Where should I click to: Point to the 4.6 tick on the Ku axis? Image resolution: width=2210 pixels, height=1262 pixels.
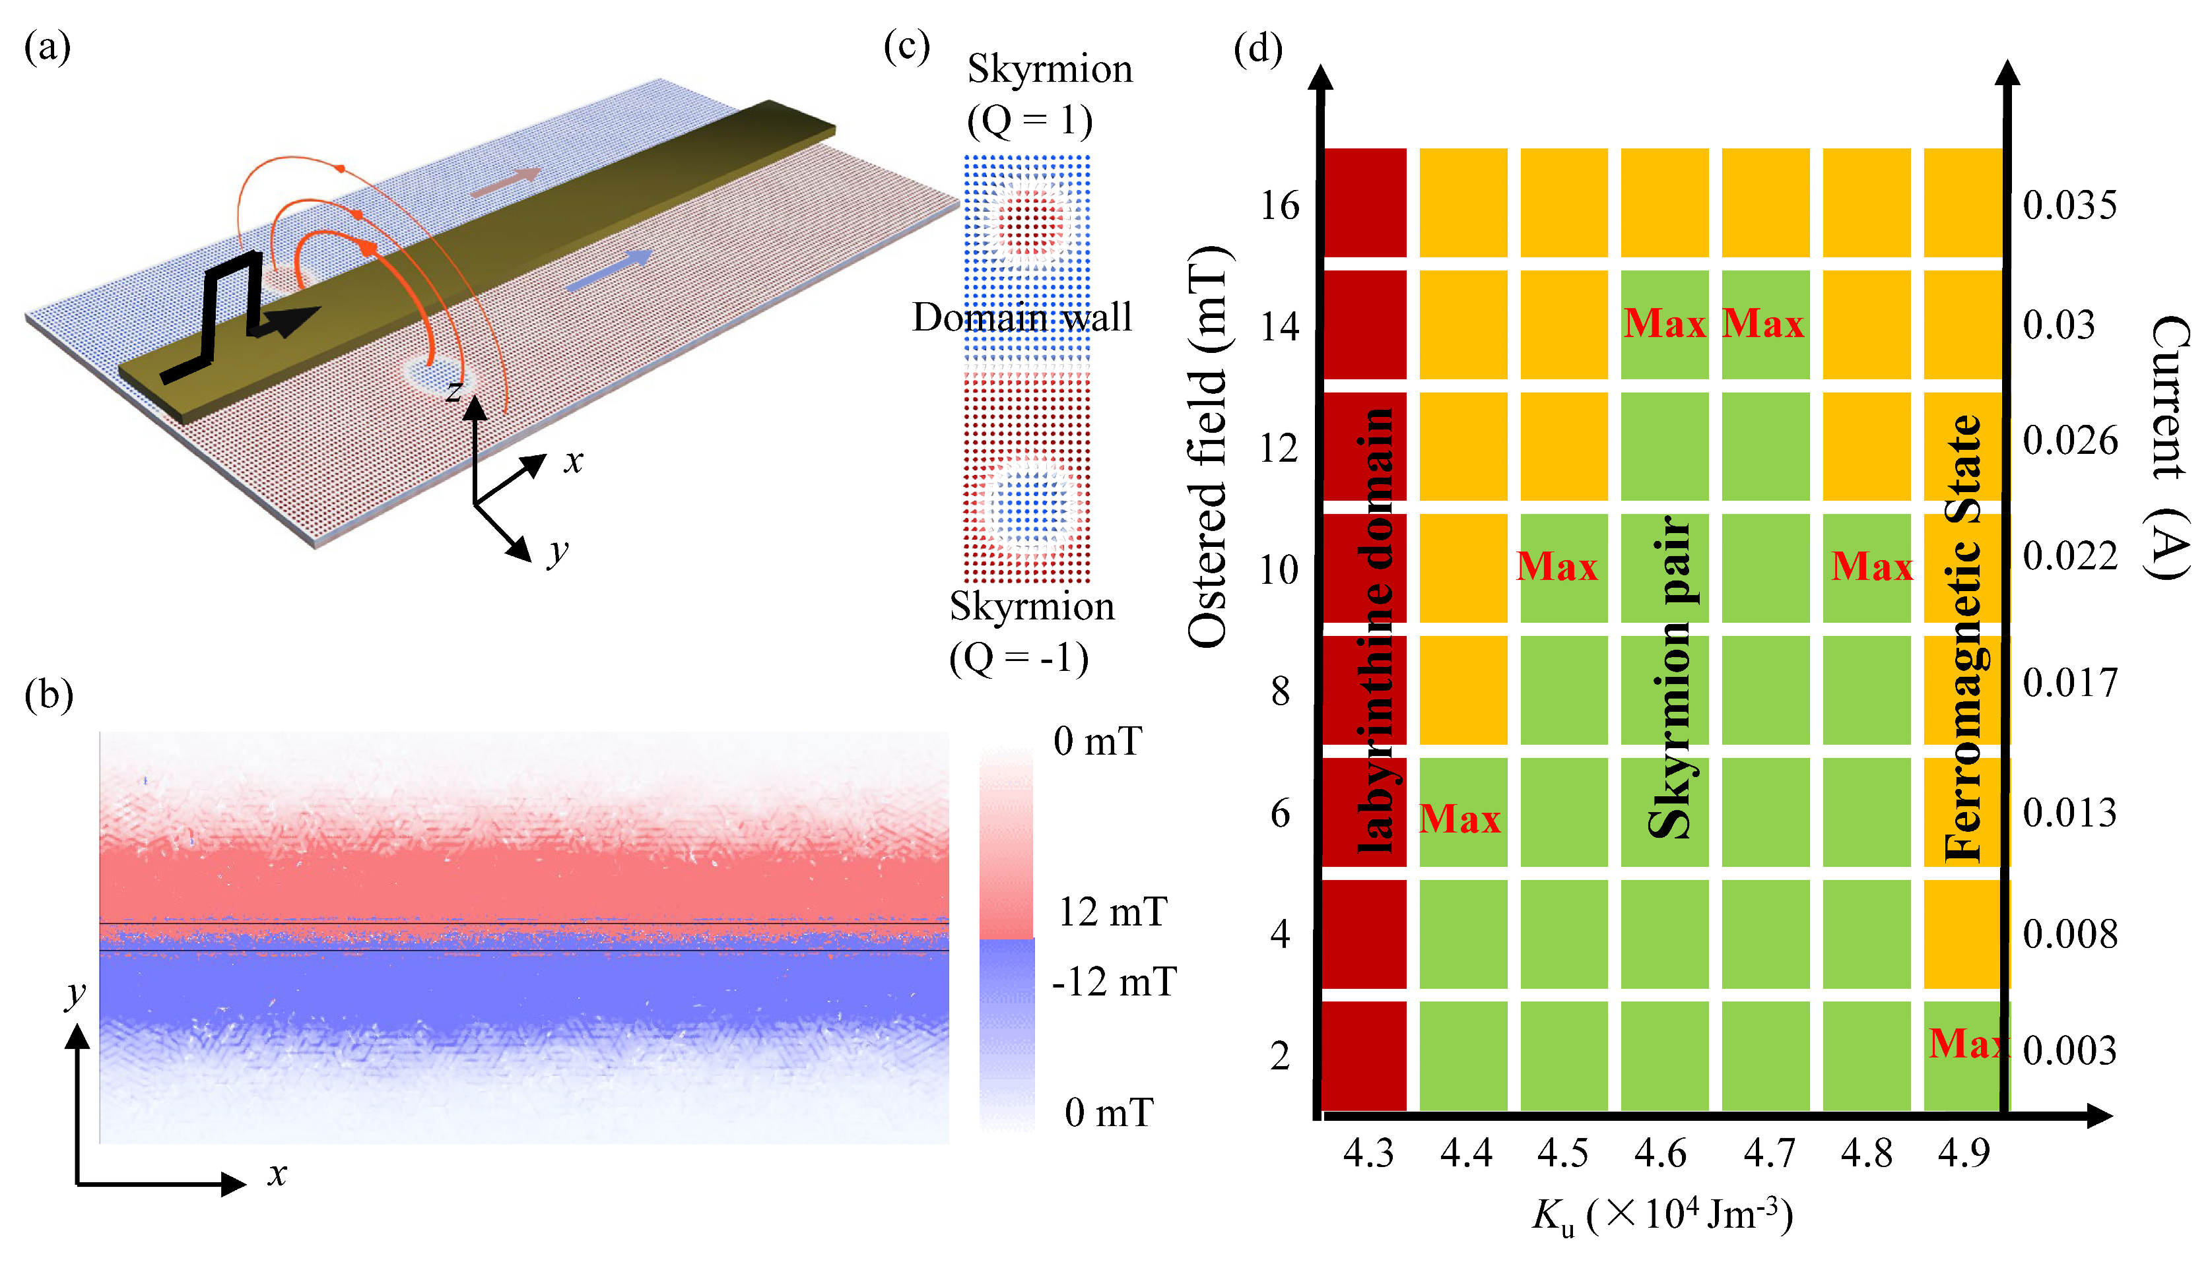1659,1154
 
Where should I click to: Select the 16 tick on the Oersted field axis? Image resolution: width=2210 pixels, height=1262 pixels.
1280,206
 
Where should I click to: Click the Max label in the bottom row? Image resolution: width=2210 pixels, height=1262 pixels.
1966,1044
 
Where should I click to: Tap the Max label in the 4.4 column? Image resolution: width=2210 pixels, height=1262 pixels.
1459,819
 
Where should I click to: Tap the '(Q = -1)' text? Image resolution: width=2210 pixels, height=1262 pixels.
1018,659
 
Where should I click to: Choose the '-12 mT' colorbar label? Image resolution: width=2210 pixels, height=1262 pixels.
1114,983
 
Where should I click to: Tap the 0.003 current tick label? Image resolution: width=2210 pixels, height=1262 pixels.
2069,1050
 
